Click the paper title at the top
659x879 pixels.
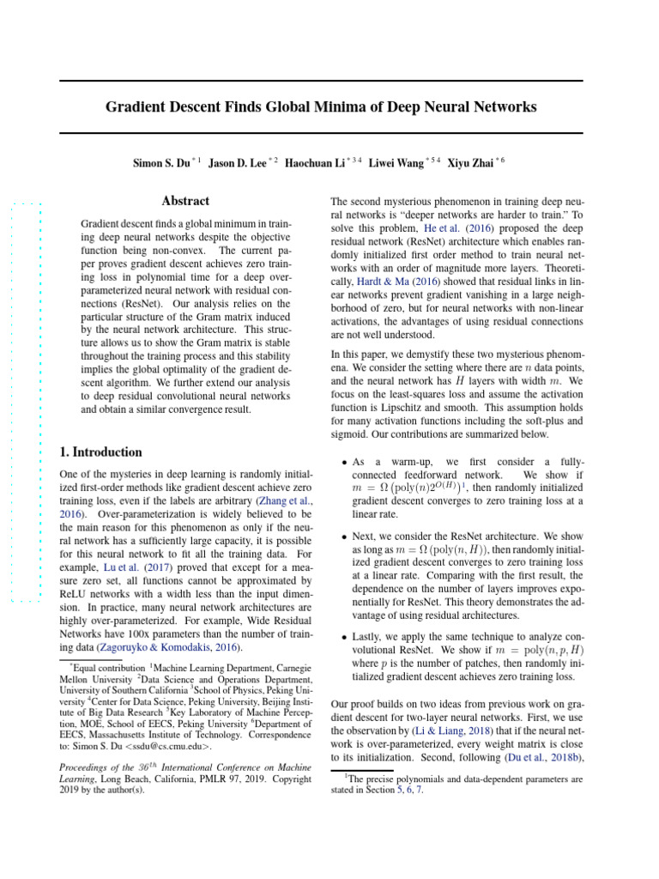321,107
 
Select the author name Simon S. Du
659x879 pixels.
160,162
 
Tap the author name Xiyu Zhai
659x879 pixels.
471,162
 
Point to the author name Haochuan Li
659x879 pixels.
315,162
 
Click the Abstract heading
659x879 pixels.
185,201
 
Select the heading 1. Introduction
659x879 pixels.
100,452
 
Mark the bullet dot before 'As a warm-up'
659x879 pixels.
345,462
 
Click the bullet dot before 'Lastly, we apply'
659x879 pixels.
345,638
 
